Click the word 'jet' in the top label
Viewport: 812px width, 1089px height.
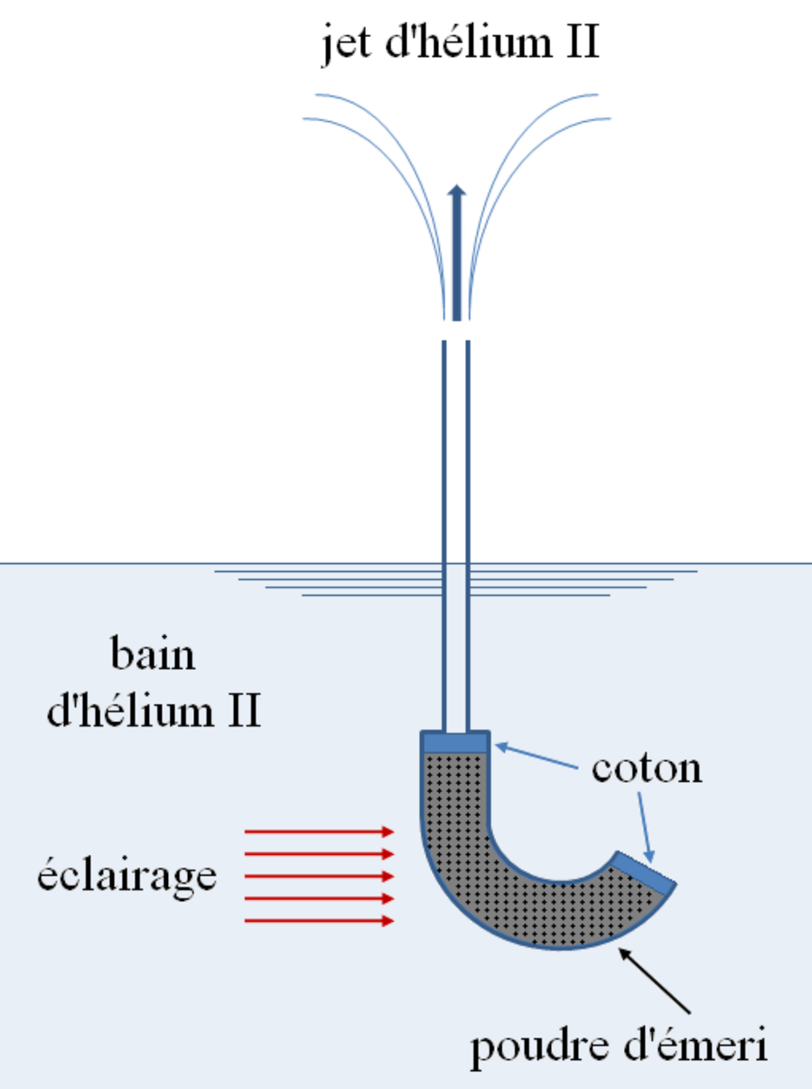click(346, 44)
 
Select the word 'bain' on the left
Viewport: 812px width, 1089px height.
click(153, 653)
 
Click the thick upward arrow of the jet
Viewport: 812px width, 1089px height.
click(457, 252)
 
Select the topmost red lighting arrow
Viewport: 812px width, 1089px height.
click(319, 832)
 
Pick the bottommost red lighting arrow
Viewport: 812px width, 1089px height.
click(319, 921)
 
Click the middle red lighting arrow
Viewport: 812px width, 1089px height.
click(319, 876)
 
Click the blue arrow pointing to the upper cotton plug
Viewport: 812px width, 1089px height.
click(536, 755)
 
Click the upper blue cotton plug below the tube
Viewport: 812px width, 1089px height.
click(455, 742)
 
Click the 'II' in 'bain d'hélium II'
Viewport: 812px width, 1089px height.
click(244, 710)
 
